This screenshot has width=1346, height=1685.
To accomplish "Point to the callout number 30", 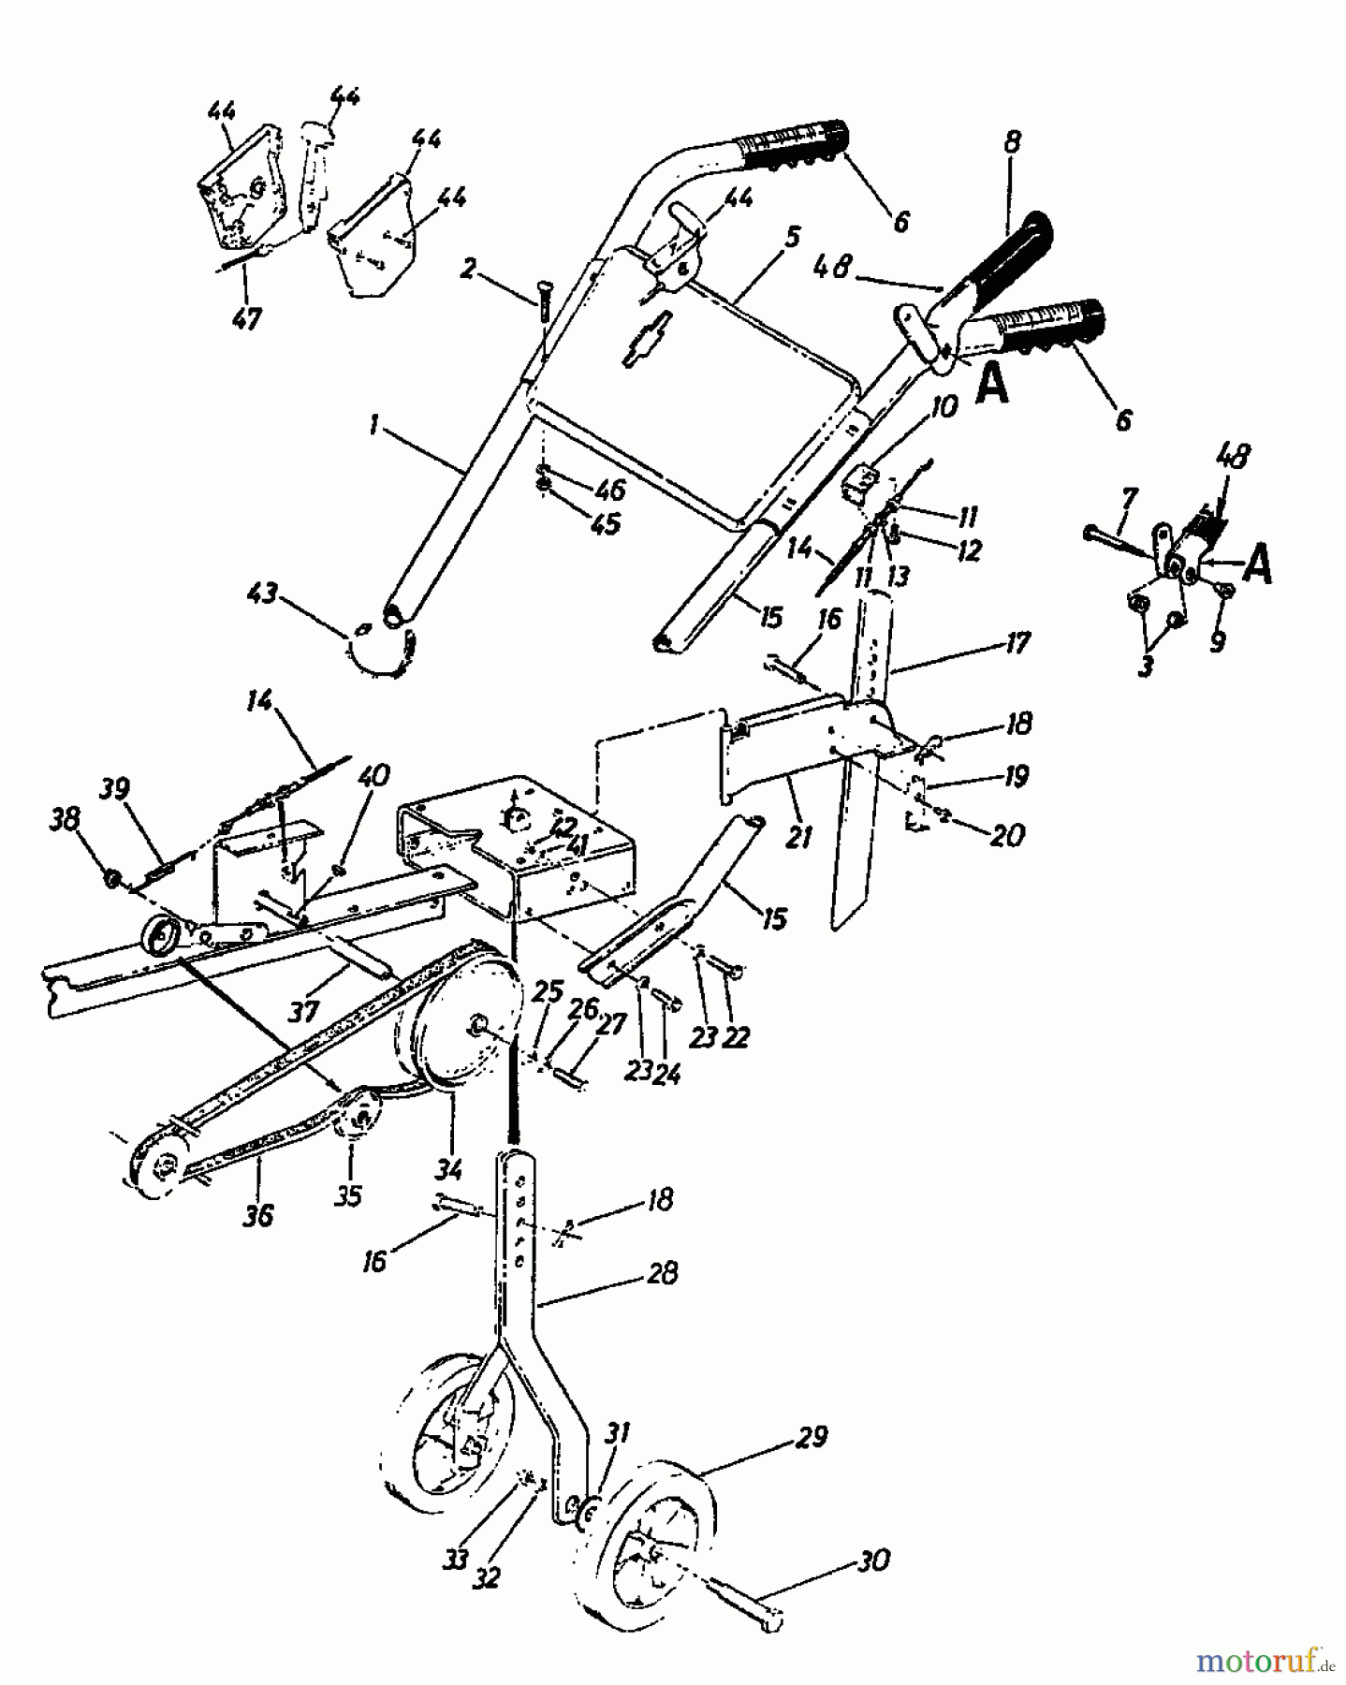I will [872, 1561].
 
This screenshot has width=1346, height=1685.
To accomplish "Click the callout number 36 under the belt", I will [258, 1215].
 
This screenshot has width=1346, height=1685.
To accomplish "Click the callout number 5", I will [791, 235].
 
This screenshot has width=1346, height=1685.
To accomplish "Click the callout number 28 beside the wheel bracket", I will [661, 1273].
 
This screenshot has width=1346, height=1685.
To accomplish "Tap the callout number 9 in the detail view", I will [1216, 643].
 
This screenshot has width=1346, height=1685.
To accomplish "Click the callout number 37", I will [303, 1011].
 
